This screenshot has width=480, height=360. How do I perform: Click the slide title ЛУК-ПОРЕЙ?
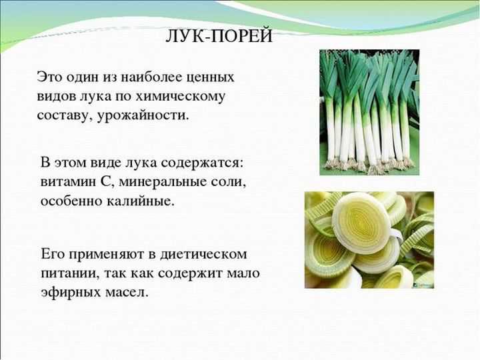219,36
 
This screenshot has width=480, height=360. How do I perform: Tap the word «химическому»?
180,96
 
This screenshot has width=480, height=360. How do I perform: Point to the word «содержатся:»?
201,163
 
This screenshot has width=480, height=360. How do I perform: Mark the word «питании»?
70,273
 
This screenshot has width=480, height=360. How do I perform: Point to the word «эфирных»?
71,293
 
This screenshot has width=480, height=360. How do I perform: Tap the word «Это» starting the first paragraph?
49,77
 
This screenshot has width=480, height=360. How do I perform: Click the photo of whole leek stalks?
369,113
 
